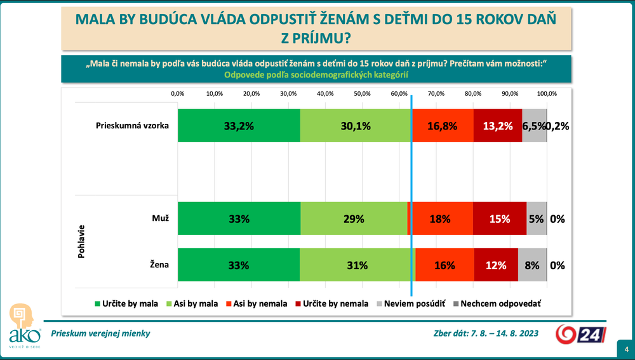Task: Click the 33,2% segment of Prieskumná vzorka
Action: (x=239, y=126)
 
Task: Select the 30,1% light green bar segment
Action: (x=356, y=126)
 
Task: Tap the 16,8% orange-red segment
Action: (x=443, y=126)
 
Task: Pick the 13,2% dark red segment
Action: (x=497, y=126)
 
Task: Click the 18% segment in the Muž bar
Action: (x=441, y=219)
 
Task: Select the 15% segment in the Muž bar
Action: (x=499, y=219)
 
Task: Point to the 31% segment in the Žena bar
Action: (x=358, y=265)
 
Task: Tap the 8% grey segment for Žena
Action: (x=532, y=265)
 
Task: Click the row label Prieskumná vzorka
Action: (x=132, y=125)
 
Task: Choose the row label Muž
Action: (x=160, y=218)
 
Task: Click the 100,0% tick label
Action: (x=547, y=93)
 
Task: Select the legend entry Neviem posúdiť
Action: (x=412, y=303)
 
